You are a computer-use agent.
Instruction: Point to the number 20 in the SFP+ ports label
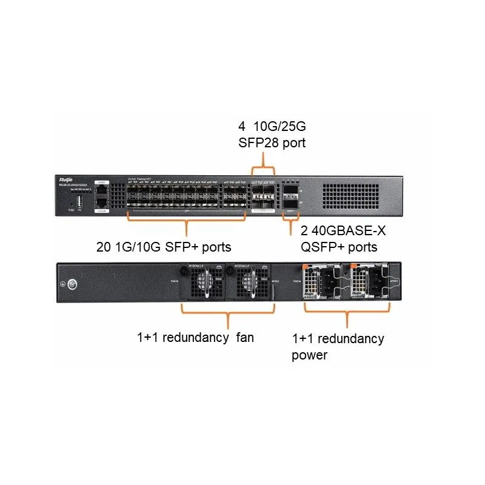coord(104,247)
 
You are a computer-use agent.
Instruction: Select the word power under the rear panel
coord(309,355)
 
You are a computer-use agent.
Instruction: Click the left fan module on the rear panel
coord(202,283)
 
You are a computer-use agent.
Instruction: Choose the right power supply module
coord(371,283)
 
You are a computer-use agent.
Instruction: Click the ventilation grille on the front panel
coord(352,195)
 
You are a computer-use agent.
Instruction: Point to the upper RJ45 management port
coord(102,189)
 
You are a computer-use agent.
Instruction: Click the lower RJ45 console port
coord(102,204)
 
